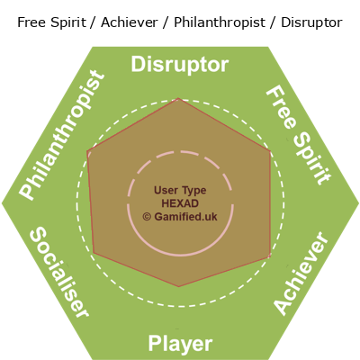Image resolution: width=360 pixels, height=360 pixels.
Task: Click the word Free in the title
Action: pyautogui.click(x=31, y=22)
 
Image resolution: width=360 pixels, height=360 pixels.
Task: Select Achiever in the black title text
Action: pyautogui.click(x=130, y=22)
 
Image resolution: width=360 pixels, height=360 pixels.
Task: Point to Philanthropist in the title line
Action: pyautogui.click(x=220, y=23)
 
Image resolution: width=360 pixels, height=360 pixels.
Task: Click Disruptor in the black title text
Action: pyautogui.click(x=311, y=22)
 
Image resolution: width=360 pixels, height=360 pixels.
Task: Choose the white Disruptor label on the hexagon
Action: pyautogui.click(x=180, y=65)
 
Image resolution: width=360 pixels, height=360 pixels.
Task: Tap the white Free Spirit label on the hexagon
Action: pyautogui.click(x=299, y=135)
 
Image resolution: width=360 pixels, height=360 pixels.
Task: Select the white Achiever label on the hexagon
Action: pyautogui.click(x=301, y=274)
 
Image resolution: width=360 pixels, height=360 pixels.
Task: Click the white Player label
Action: pyautogui.click(x=180, y=344)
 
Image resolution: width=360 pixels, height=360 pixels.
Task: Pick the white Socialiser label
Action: pyautogui.click(x=59, y=272)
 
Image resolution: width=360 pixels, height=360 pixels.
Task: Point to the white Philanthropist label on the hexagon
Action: pyautogui.click(x=62, y=135)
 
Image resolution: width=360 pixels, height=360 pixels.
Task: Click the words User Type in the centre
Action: pyautogui.click(x=180, y=191)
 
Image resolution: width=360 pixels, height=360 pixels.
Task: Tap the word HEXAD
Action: pyautogui.click(x=180, y=203)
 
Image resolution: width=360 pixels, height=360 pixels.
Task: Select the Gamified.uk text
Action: pyautogui.click(x=185, y=217)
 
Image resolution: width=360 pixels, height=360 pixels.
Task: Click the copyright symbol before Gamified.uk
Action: pyautogui.click(x=147, y=217)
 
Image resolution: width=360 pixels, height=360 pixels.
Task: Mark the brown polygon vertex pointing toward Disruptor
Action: pyautogui.click(x=178, y=98)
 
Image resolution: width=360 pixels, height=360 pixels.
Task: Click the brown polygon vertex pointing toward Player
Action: pyautogui.click(x=179, y=287)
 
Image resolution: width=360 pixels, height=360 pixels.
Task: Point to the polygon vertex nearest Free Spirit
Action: pyautogui.click(x=270, y=151)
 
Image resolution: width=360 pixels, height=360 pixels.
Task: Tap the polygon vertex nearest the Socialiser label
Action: pyautogui.click(x=94, y=253)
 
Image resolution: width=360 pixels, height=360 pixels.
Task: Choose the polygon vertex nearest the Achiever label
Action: pyautogui.click(x=270, y=256)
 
